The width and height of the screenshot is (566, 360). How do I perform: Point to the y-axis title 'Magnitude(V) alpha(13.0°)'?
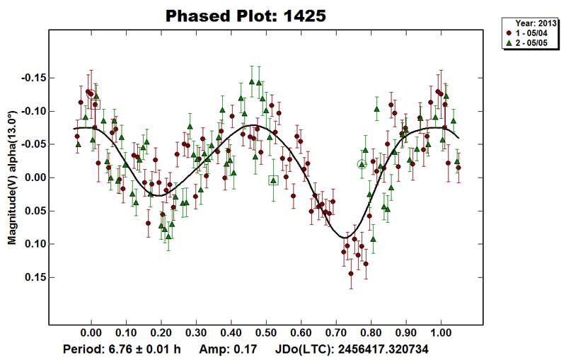pyautogui.click(x=12, y=178)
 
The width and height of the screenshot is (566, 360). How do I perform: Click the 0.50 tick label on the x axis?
pyautogui.click(x=266, y=331)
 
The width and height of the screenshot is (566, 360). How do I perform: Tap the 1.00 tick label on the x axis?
pyautogui.click(x=441, y=331)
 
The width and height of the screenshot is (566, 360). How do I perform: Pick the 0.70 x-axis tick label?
pyautogui.click(x=336, y=331)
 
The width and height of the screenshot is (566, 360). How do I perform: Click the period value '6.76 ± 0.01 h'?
pyautogui.click(x=146, y=349)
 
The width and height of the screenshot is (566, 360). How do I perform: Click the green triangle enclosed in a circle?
pyautogui.click(x=362, y=164)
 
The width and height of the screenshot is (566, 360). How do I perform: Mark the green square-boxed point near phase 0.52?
pyautogui.click(x=274, y=180)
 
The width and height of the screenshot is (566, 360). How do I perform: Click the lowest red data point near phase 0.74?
pyautogui.click(x=351, y=273)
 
